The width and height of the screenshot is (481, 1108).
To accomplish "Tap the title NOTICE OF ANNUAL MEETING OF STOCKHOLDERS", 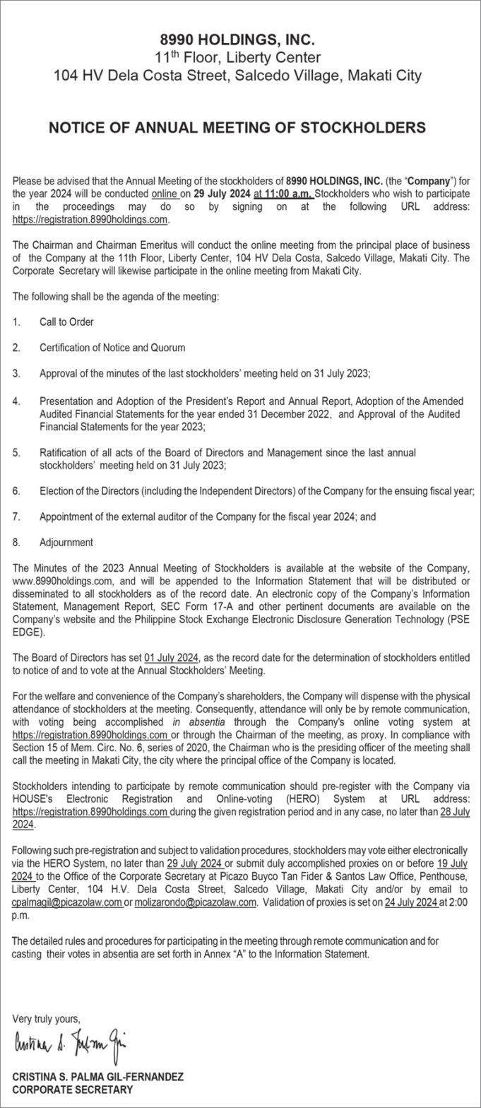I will (x=237, y=128).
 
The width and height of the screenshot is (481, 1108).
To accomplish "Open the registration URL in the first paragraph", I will (x=90, y=220).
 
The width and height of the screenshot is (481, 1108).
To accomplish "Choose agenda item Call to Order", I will (x=66, y=322).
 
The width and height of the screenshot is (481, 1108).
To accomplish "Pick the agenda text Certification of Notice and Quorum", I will (x=112, y=348).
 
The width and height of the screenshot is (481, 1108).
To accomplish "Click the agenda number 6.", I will (x=16, y=490).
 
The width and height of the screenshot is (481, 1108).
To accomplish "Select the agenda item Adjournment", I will (x=66, y=543).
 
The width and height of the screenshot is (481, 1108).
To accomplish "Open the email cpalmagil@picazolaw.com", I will (x=66, y=902).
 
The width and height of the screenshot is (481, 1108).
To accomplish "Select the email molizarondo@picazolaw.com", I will (x=196, y=902).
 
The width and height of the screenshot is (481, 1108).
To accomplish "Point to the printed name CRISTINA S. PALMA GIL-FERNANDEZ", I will (x=97, y=1076).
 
